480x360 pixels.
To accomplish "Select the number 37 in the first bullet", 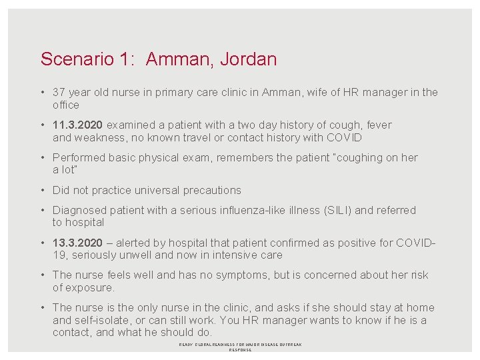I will coord(59,93).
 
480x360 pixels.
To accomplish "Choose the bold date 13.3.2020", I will coord(78,242).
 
